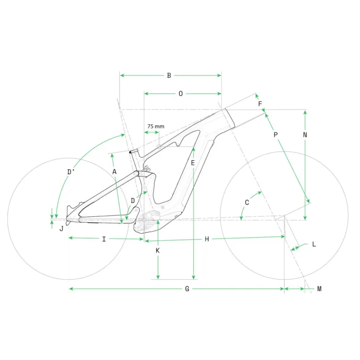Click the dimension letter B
tap(169, 75)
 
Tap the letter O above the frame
tap(181, 94)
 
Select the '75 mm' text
tap(156, 126)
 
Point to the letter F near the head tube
tap(260, 104)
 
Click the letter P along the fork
tap(276, 135)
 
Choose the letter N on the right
tap(305, 135)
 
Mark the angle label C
tap(247, 202)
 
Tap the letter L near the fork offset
tap(314, 244)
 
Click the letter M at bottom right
tap(319, 289)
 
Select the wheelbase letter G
tap(187, 289)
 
